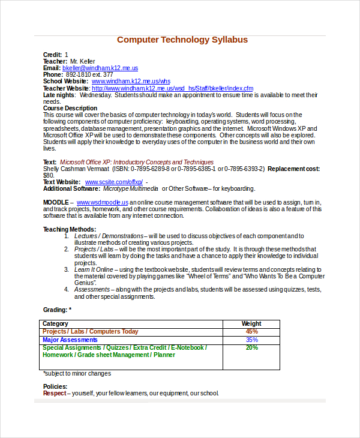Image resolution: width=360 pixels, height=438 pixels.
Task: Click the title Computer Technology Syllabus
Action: click(182, 40)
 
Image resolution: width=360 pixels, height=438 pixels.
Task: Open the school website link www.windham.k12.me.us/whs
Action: click(131, 81)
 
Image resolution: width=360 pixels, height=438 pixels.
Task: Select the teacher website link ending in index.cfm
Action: click(172, 88)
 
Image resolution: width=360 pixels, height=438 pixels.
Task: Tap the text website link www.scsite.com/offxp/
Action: click(114, 182)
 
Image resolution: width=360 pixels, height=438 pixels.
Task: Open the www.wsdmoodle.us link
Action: click(103, 203)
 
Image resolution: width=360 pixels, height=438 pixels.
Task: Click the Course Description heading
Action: click(70, 108)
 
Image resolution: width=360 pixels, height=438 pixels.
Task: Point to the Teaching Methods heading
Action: click(70, 229)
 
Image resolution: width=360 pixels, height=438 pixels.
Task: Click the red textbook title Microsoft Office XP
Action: click(136, 162)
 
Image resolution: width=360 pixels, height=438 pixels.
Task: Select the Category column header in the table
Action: click(55, 324)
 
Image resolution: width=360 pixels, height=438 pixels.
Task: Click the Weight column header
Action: click(251, 324)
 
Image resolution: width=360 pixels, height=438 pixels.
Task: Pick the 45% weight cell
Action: click(251, 331)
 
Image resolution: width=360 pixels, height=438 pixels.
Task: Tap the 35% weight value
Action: click(251, 340)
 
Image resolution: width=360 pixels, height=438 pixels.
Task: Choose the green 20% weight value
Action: click(251, 347)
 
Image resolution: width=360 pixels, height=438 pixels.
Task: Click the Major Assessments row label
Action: click(70, 340)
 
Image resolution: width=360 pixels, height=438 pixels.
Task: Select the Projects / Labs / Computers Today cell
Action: click(90, 331)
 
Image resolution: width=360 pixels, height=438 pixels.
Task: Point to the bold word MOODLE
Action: click(56, 203)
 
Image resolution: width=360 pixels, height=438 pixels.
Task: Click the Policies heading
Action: click(55, 386)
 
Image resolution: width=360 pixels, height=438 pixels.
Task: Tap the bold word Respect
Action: click(55, 394)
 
